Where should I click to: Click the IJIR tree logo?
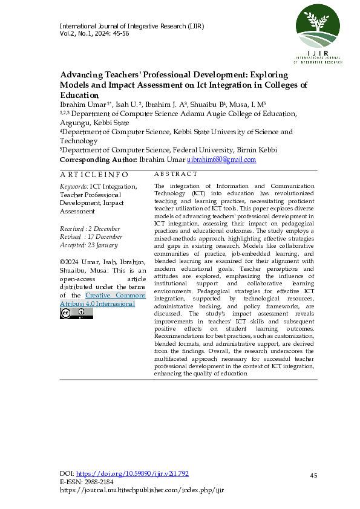317,30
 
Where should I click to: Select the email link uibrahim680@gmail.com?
221,160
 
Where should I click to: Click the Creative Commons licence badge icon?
76,313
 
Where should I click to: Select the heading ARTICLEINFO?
93,174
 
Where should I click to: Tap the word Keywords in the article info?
73,187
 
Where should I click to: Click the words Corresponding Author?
98,160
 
